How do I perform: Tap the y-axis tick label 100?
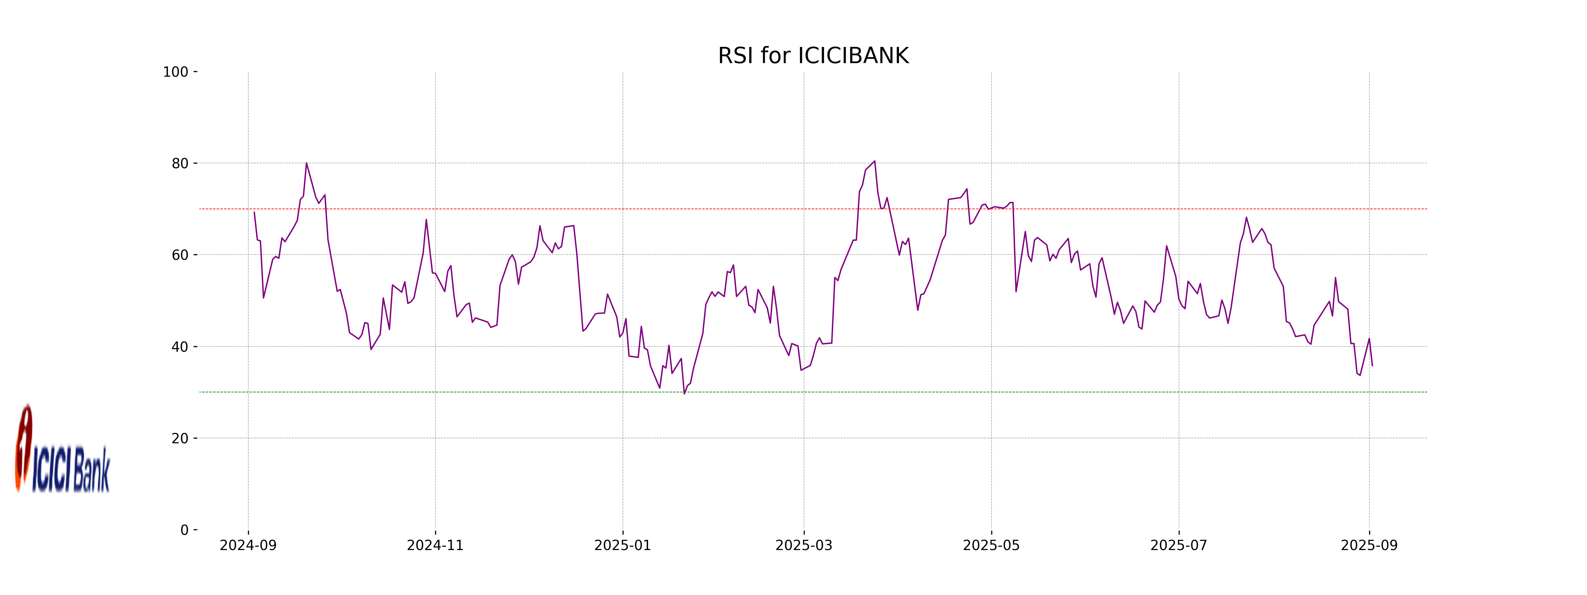pos(176,72)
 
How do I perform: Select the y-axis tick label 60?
pos(180,255)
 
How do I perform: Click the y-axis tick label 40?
pos(180,347)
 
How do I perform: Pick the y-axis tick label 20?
pos(180,439)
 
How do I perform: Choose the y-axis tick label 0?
pos(184,530)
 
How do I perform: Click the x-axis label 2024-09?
pos(248,546)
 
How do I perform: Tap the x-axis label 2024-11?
pos(435,546)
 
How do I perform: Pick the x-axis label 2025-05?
pos(991,546)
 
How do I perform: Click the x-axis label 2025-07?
pos(1179,546)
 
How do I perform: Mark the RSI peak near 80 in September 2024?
pos(306,163)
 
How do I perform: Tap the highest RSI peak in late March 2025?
pos(874,161)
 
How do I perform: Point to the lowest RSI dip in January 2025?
pos(684,394)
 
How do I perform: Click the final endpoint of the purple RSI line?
pos(1372,366)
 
